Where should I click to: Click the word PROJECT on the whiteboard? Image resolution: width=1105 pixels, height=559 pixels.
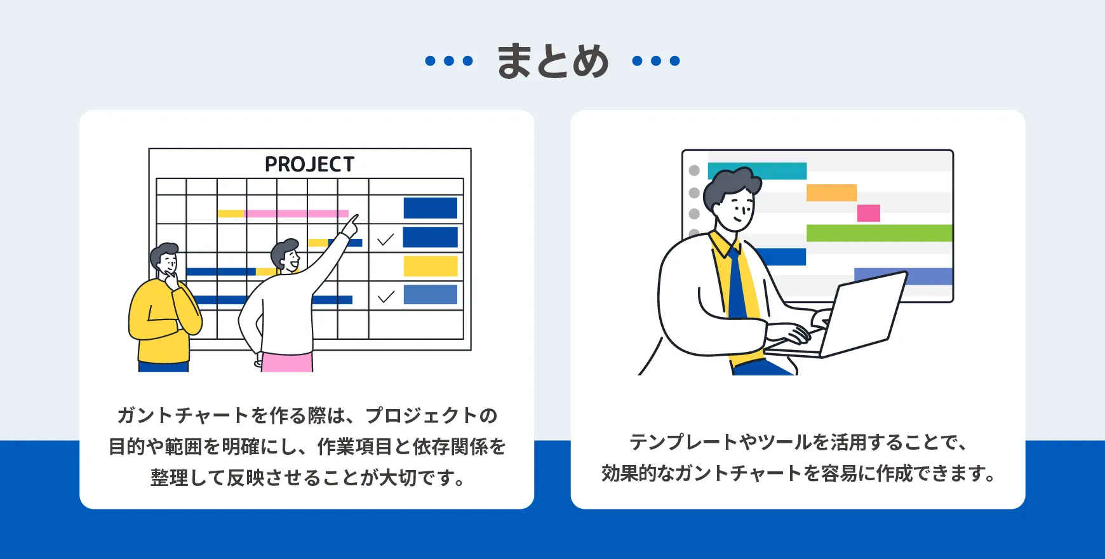click(x=309, y=165)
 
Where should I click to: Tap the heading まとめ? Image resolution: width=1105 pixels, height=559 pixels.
click(x=552, y=61)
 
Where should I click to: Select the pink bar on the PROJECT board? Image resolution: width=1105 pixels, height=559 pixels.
click(x=297, y=213)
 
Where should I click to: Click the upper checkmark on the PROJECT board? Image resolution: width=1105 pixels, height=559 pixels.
click(x=385, y=239)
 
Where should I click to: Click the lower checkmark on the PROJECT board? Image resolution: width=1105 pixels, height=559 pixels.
click(x=385, y=297)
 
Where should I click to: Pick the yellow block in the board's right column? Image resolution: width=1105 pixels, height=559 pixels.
click(x=430, y=266)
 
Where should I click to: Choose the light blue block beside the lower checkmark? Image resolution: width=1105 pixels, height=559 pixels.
click(x=430, y=295)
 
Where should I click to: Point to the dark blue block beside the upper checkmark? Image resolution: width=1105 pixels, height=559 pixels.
click(x=430, y=237)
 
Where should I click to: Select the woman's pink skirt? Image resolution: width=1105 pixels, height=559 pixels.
click(x=287, y=362)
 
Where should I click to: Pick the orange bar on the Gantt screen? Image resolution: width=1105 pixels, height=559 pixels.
click(x=831, y=192)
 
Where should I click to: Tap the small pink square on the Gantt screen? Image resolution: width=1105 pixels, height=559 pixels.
click(x=868, y=213)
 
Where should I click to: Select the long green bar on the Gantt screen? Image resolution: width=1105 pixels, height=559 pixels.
click(x=879, y=233)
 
